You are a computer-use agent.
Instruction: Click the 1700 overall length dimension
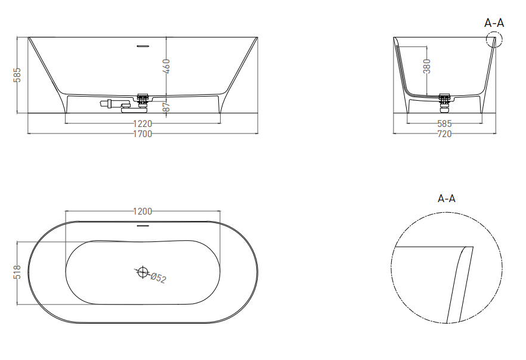[143, 134]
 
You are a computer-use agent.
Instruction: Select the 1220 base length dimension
[143, 123]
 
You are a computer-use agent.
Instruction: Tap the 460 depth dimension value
[166, 66]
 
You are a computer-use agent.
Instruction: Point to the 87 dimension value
[166, 107]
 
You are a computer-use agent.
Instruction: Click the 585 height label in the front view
[17, 75]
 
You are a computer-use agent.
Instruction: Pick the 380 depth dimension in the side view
[427, 66]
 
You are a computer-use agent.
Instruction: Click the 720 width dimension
[444, 134]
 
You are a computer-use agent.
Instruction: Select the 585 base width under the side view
[444, 123]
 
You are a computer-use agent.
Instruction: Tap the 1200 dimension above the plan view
[143, 211]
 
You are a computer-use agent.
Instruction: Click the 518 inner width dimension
[17, 272]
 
